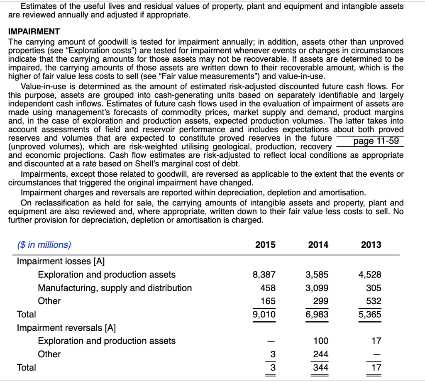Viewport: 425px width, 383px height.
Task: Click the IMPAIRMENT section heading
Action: [34, 32]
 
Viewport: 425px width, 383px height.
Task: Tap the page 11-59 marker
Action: [376, 141]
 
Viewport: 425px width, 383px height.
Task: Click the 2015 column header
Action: [265, 244]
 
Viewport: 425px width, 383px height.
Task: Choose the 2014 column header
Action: [318, 244]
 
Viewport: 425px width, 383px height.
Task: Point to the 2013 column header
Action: [371, 244]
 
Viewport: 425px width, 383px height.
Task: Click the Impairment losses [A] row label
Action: [61, 261]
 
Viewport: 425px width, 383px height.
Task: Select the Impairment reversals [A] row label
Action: [66, 327]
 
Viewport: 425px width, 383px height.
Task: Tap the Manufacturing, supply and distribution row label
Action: [115, 288]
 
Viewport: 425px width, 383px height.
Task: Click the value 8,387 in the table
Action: [264, 274]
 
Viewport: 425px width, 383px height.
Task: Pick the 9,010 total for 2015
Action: [264, 314]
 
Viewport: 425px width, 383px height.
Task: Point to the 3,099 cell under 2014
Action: [317, 288]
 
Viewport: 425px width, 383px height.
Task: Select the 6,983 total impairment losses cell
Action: [317, 314]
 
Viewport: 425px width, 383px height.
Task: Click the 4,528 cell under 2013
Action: [370, 274]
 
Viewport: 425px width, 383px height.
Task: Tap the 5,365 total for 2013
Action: [370, 314]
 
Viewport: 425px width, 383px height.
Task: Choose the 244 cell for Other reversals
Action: [320, 354]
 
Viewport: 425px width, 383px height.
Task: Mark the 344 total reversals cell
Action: [320, 367]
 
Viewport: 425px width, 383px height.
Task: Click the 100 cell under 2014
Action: [320, 341]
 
